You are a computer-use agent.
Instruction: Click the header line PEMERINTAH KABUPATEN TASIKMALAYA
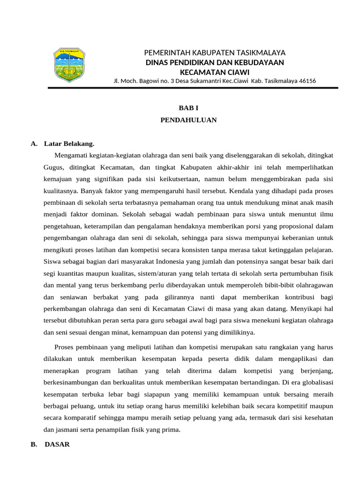215,52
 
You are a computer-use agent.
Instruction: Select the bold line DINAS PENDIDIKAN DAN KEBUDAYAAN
215,62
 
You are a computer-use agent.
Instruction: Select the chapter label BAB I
188,108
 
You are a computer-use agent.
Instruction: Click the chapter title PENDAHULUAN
188,120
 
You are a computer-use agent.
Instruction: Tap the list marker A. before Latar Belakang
34,143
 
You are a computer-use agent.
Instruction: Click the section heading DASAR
57,444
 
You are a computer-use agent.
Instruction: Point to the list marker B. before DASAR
34,444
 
